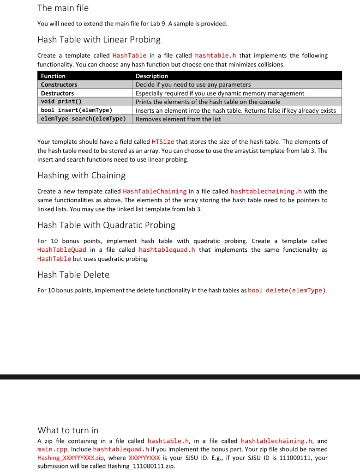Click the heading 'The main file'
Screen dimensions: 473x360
(63, 8)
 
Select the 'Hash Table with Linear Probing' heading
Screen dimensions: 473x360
(99, 39)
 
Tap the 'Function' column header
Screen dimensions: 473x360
(53, 76)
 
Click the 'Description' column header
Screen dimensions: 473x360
(152, 76)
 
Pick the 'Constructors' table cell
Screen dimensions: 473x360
(59, 85)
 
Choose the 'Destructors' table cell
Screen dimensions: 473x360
(57, 93)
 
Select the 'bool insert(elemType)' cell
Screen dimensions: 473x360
(77, 110)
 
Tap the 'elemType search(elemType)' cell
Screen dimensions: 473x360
(84, 119)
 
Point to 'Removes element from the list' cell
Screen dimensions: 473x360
(178, 119)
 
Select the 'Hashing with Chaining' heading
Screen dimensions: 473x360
(81, 176)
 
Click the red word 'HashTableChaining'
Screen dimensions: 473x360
(155, 191)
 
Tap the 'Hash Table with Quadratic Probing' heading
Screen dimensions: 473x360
(106, 225)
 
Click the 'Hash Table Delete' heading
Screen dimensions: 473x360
(73, 275)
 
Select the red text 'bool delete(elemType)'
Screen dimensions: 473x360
(287, 291)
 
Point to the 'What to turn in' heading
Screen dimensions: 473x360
(68, 430)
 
